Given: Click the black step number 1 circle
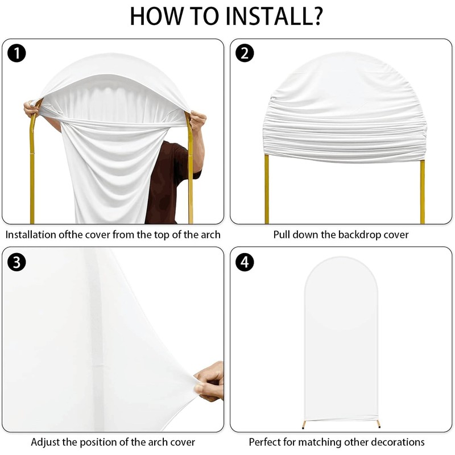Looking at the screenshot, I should coord(18,54).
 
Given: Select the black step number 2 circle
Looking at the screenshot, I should coord(245,54).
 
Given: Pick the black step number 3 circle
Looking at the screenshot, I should coord(18,262).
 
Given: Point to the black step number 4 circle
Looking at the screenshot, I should coord(245,262).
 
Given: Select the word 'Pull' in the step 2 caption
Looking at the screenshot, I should coord(283,234).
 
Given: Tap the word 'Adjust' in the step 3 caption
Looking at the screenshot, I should coord(45,442).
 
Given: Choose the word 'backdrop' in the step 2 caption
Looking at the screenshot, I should coord(358,234).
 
